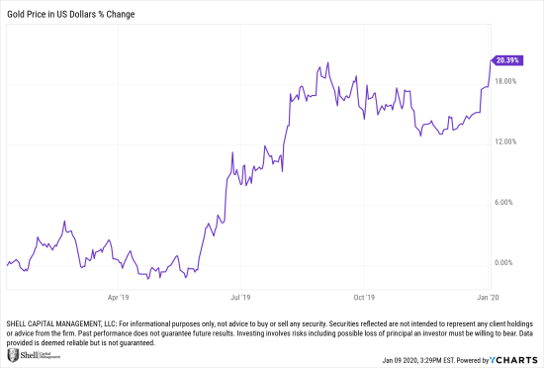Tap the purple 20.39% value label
pos(508,59)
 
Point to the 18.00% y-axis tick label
pos(506,82)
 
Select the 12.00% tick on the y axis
pos(506,142)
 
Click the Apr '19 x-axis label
pos(119,296)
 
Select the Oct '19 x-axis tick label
pos(364,296)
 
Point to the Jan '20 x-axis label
pos(487,296)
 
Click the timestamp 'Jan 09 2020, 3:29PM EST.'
pos(405,357)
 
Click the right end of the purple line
pos(492,59)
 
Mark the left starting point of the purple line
pos(6,264)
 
